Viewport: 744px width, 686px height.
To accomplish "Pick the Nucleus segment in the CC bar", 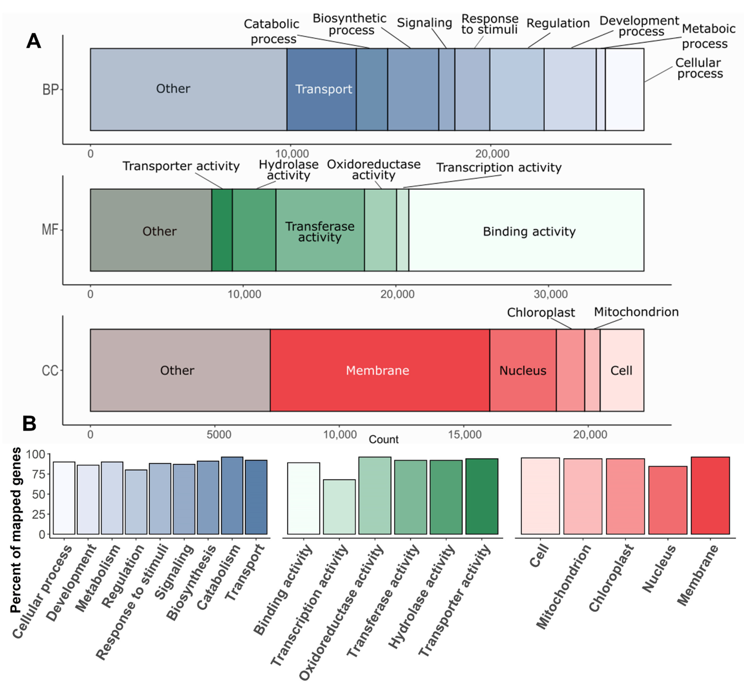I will [x=522, y=370].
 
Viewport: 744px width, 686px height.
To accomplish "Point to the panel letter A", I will [x=34, y=41].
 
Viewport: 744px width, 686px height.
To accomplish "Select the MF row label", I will [x=50, y=230].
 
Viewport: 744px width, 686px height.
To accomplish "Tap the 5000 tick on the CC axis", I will [x=219, y=434].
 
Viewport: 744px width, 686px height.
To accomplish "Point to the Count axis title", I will [x=384, y=439].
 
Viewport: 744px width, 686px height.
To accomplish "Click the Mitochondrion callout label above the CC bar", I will [x=636, y=312].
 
